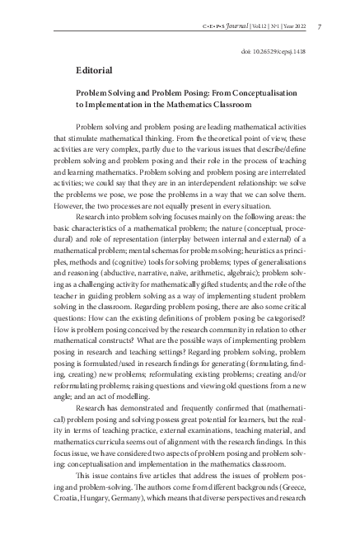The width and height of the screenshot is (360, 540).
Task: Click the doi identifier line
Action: point(277,50)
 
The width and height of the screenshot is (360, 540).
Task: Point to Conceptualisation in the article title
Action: point(272,95)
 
